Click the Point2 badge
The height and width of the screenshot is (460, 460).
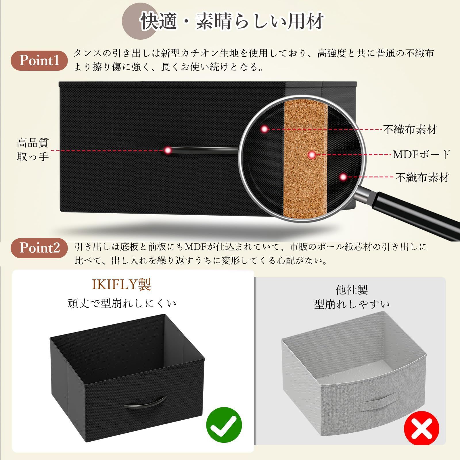(39, 248)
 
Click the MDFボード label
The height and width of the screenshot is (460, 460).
(421, 154)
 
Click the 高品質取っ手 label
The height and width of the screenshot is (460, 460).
(32, 149)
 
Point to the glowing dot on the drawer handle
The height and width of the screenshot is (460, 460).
(168, 150)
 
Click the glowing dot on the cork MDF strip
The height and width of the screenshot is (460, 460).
(312, 155)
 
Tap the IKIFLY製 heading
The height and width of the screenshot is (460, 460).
(121, 285)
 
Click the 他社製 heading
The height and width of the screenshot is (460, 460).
(352, 290)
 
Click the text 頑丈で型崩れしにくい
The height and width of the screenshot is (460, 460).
(122, 303)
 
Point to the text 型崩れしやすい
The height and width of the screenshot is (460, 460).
(352, 304)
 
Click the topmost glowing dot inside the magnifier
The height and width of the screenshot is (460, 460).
(264, 129)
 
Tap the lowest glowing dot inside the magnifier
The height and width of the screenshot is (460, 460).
(343, 177)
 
